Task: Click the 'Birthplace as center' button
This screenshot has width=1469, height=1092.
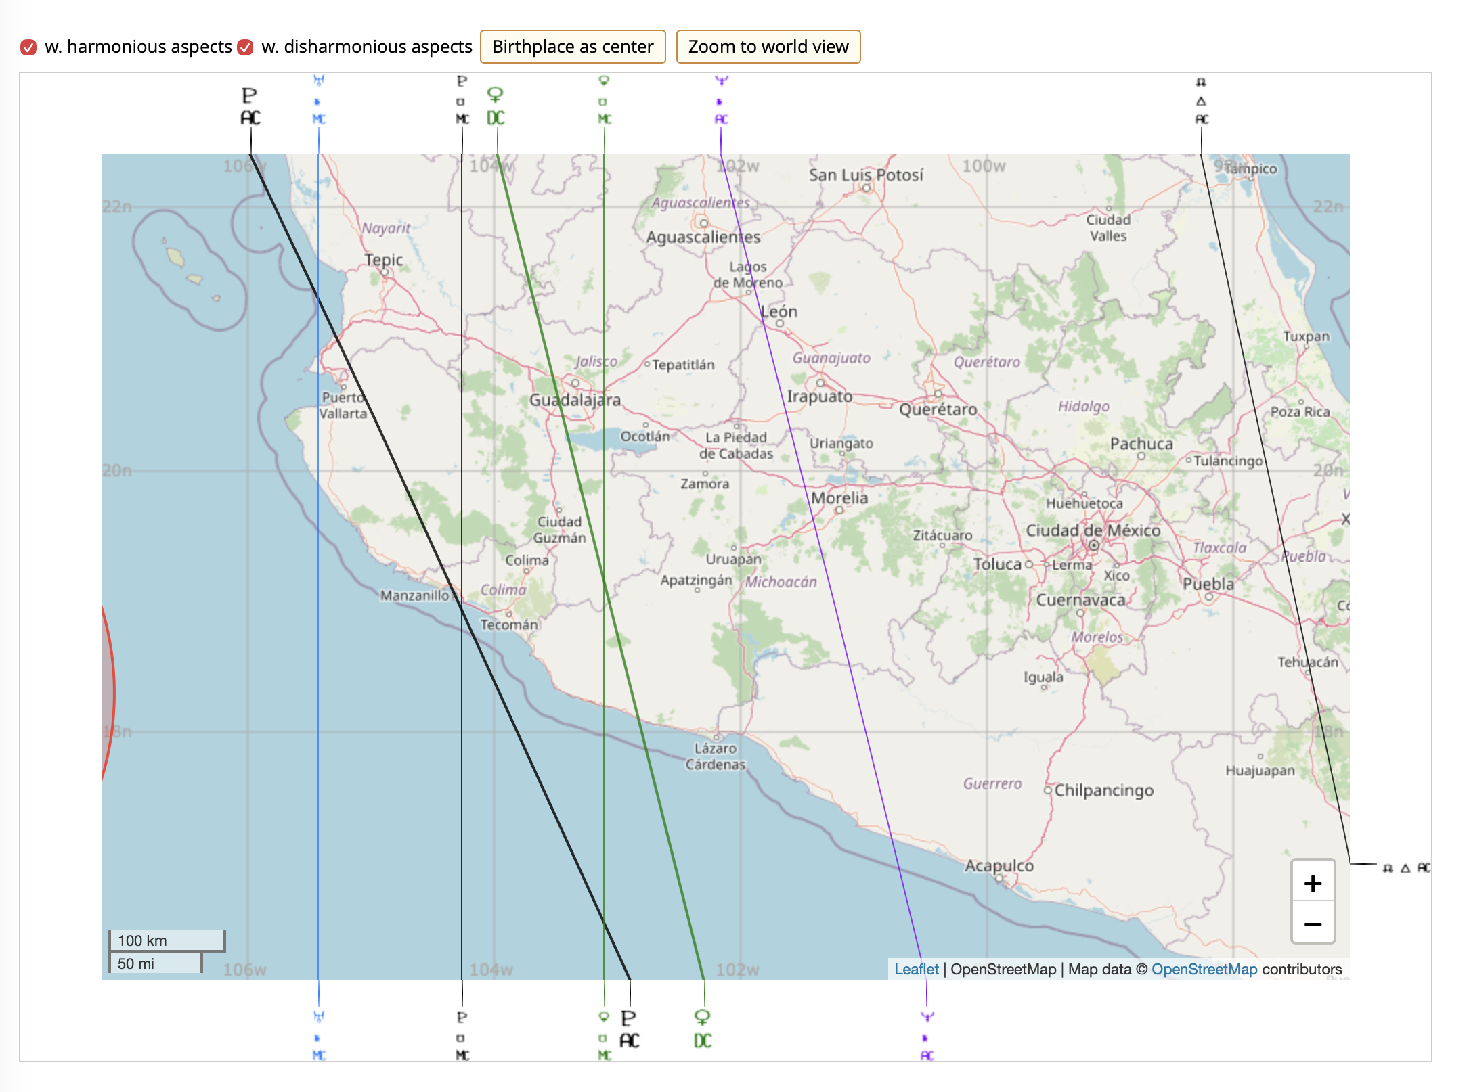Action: click(573, 47)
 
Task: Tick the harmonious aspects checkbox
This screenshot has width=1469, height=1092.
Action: click(28, 47)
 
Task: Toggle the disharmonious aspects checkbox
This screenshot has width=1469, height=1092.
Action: click(246, 47)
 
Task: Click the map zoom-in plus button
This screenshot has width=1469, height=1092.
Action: click(1313, 883)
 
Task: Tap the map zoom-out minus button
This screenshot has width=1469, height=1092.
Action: click(1313, 924)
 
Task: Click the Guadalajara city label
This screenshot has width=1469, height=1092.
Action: click(575, 400)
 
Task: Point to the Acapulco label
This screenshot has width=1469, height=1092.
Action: click(999, 865)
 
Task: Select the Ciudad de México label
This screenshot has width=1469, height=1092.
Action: click(1093, 530)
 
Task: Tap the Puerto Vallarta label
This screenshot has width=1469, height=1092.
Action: click(343, 405)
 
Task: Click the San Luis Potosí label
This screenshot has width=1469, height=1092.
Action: click(865, 175)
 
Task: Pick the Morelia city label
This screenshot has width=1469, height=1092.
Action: click(839, 498)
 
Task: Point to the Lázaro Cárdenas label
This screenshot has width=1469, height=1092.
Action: click(716, 756)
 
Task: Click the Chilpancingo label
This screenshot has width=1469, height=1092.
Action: click(1103, 790)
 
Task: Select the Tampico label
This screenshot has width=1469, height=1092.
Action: click(1250, 168)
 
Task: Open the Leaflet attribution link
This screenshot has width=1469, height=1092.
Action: click(916, 969)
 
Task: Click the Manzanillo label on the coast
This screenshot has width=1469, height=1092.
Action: click(414, 595)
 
